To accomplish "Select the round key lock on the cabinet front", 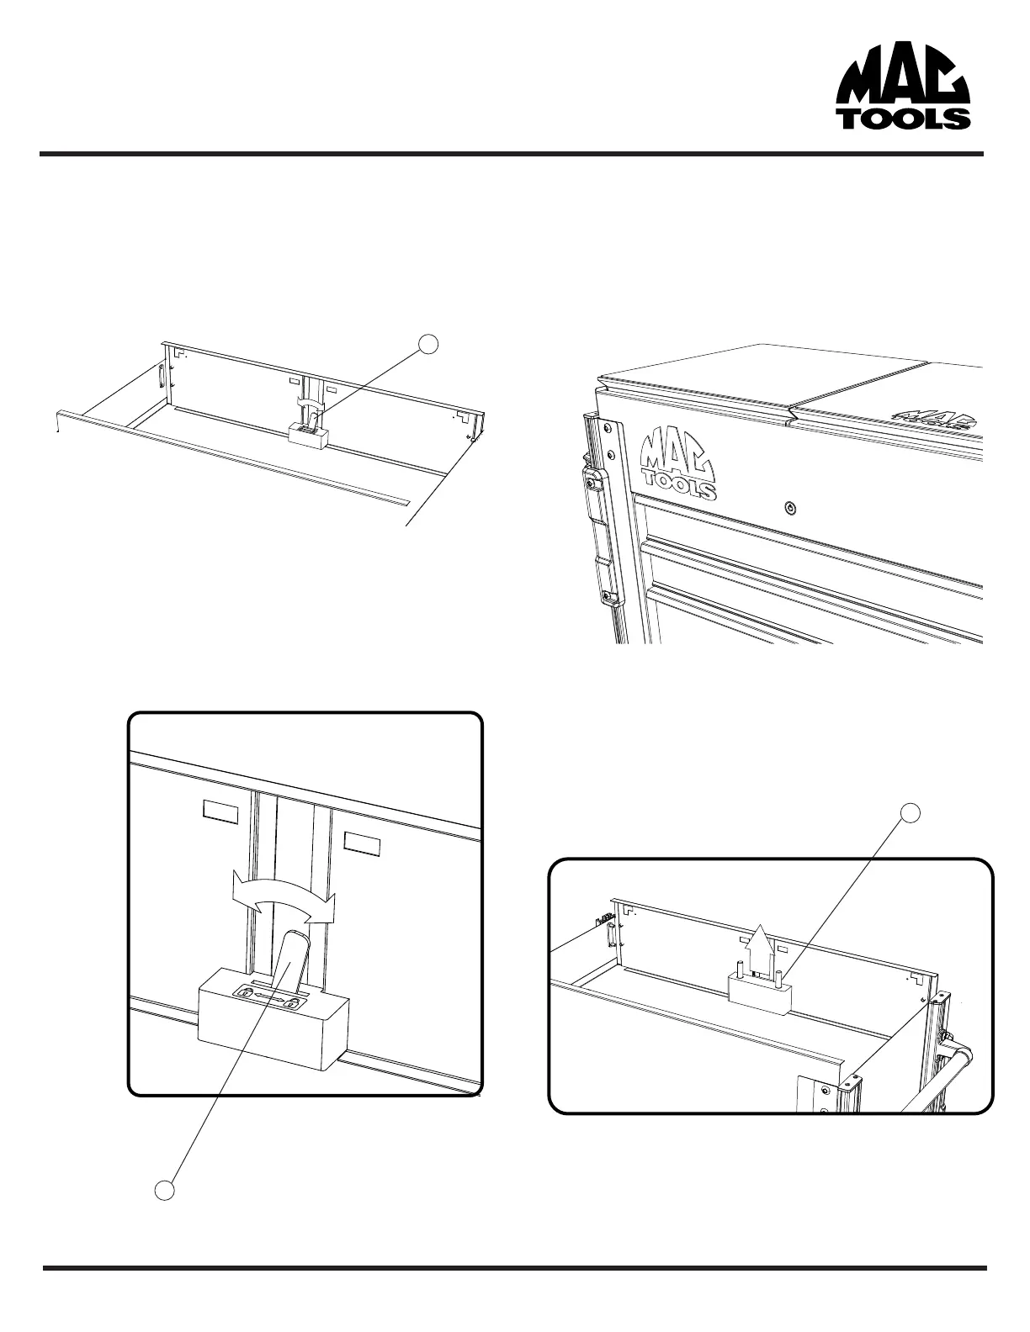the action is pos(788,508).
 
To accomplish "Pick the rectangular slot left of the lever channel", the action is pos(220,811).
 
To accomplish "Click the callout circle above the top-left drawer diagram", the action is pos(430,343).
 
